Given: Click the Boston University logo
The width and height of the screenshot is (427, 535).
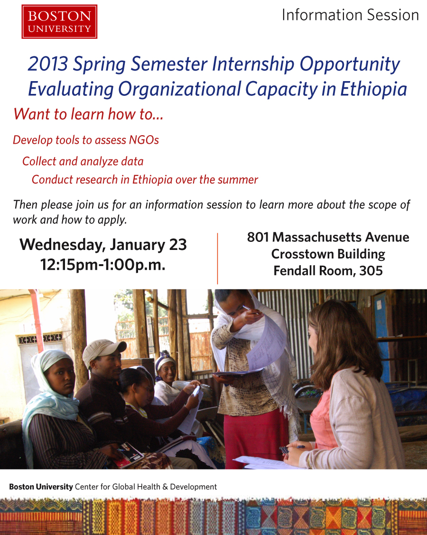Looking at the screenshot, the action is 59,21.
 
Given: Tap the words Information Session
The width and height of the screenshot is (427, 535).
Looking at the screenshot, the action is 350,15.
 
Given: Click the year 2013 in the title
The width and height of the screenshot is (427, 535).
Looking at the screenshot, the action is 48,64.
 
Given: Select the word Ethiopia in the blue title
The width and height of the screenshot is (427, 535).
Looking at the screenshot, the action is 373,89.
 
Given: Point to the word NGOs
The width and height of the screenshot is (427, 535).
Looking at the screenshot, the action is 144,140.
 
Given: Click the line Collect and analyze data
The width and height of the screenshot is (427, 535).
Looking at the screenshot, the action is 83,161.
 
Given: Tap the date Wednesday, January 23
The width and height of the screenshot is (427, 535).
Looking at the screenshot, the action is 103,245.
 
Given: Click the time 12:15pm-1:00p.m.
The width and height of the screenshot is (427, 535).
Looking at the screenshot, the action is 103,265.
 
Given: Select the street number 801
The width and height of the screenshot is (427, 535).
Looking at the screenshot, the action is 258,237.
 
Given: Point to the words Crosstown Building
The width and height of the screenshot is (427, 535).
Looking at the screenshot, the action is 328,254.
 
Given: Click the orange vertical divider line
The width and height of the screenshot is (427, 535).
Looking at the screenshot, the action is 217,258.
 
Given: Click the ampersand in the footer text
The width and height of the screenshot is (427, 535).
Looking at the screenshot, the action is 165,487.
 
